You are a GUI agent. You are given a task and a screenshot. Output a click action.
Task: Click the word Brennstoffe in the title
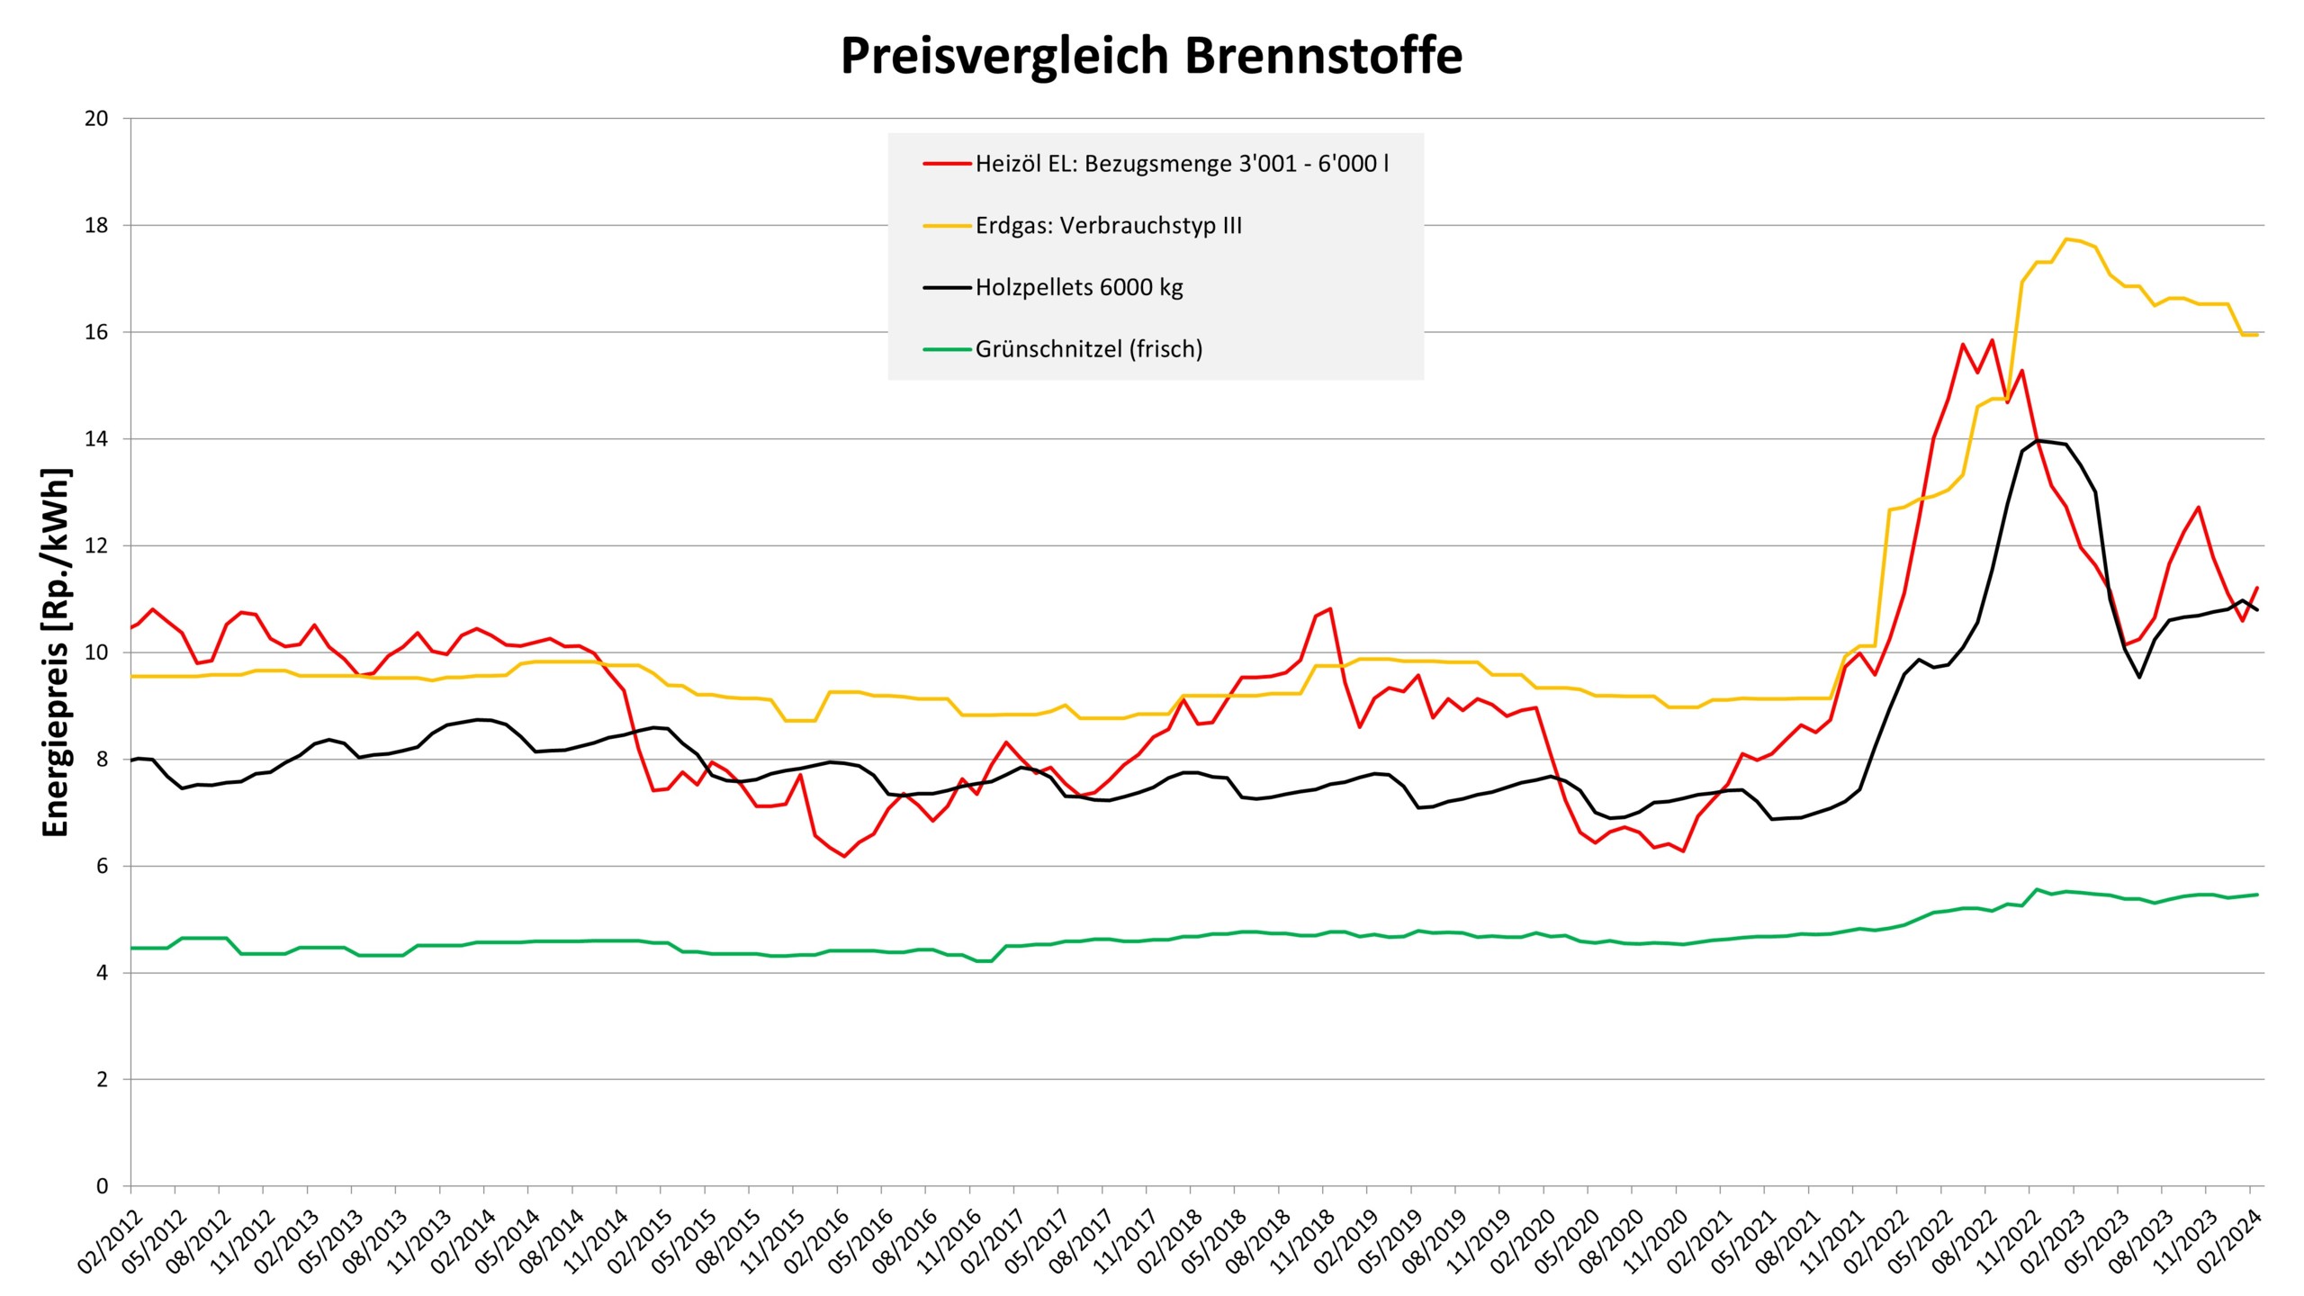tap(1323, 56)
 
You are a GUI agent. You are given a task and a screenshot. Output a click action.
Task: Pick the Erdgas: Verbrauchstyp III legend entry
tap(1108, 226)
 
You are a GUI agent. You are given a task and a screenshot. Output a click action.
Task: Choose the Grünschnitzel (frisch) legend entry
tap(1088, 349)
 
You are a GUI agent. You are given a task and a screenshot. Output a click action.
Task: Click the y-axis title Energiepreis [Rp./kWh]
tap(56, 652)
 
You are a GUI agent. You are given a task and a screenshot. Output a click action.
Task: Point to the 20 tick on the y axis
tap(95, 119)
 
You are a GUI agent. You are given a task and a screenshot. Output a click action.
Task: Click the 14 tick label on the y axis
tap(95, 439)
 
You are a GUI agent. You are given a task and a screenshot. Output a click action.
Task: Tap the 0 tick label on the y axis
tap(102, 1186)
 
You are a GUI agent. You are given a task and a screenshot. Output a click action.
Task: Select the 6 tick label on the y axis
tap(102, 866)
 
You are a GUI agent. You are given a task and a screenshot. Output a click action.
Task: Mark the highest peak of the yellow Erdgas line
tap(2066, 238)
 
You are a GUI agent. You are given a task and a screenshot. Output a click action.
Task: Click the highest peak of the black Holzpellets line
tap(2038, 440)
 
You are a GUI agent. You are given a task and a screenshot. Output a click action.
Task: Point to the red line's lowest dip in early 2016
tap(844, 856)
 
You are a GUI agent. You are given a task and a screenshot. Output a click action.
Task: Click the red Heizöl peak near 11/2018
tap(1329, 608)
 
